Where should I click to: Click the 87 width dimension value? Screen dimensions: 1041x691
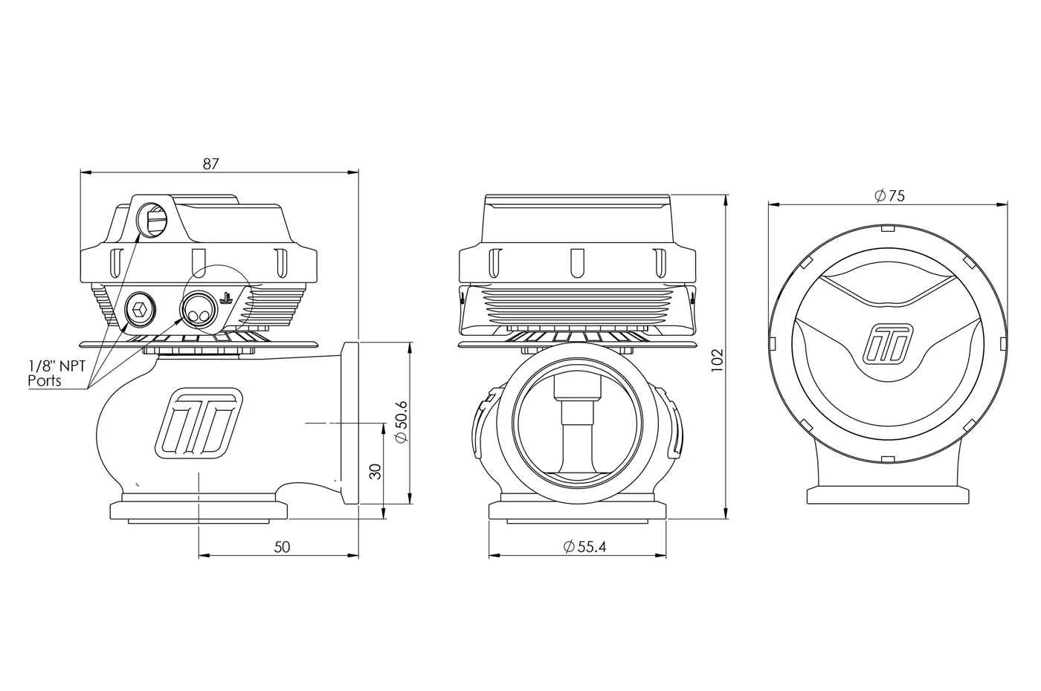click(210, 164)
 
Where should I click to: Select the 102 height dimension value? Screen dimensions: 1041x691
click(718, 360)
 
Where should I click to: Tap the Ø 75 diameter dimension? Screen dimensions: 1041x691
click(889, 196)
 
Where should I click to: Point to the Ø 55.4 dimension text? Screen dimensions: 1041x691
click(584, 547)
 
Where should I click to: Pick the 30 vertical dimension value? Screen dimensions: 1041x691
click(376, 471)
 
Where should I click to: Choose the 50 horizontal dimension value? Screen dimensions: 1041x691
click(282, 547)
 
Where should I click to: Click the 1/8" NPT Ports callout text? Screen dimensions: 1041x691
click(57, 374)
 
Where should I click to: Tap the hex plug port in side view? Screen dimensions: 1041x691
click(141, 309)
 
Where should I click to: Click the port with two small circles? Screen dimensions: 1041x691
click(199, 309)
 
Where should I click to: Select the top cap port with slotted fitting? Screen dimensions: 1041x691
click(153, 220)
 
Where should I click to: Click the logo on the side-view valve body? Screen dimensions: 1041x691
click(199, 423)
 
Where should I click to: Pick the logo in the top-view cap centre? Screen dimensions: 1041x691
click(888, 345)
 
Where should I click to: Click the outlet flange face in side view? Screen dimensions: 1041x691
click(350, 423)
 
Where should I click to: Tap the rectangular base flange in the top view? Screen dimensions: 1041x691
click(888, 496)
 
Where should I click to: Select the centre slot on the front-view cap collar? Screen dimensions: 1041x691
click(577, 263)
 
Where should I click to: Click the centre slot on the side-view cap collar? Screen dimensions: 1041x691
click(199, 263)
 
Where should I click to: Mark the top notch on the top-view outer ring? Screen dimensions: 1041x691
click(888, 228)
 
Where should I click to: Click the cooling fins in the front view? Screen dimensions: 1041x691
click(577, 307)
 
